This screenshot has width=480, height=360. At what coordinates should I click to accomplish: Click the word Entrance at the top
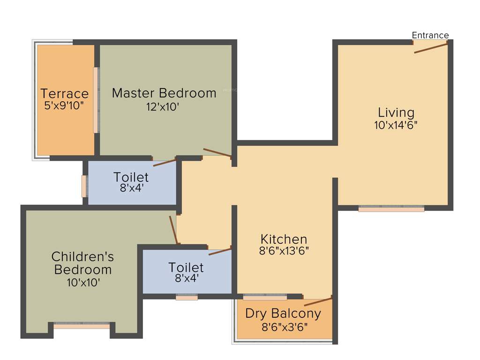[x=430, y=35]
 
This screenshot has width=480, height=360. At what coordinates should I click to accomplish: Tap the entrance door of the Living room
[x=430, y=47]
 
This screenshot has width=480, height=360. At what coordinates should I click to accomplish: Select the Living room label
[x=396, y=112]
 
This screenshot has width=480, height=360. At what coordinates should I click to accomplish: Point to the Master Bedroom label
[x=164, y=93]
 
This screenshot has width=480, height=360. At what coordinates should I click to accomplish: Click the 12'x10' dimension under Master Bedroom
[x=163, y=107]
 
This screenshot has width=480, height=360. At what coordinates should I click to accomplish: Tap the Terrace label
[x=64, y=93]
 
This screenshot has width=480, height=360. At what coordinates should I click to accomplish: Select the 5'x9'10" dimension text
[x=64, y=105]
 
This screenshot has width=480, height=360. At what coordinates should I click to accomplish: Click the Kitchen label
[x=284, y=239]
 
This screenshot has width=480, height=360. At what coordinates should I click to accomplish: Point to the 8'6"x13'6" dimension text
[x=284, y=251]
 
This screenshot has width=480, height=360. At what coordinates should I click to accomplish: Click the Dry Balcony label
[x=283, y=313]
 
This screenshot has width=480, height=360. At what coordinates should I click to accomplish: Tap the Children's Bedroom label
[x=82, y=263]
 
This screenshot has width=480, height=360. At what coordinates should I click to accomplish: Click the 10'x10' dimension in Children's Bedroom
[x=83, y=282]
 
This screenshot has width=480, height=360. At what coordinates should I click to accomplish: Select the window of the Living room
[x=391, y=209]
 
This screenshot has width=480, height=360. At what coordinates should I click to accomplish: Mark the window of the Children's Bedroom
[x=82, y=325]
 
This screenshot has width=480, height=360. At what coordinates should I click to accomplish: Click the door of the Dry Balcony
[x=318, y=301]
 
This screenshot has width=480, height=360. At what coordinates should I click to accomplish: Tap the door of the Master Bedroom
[x=217, y=152]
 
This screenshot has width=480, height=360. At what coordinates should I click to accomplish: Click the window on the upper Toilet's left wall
[x=84, y=186]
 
